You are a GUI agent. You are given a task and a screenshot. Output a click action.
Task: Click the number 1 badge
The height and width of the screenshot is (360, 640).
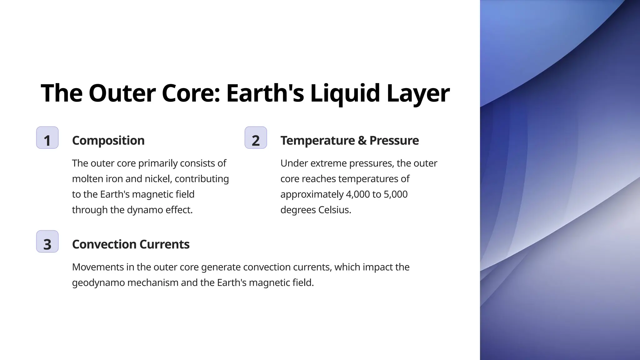pyautogui.click(x=47, y=138)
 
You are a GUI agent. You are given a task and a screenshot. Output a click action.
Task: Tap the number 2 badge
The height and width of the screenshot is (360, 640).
pyautogui.click(x=256, y=138)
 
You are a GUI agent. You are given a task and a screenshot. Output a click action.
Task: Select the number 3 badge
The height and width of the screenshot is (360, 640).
pyautogui.click(x=47, y=242)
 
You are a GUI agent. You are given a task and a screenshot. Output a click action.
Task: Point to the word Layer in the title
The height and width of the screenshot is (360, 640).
pyautogui.click(x=418, y=93)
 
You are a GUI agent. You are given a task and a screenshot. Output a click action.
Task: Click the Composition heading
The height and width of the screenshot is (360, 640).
pyautogui.click(x=108, y=141)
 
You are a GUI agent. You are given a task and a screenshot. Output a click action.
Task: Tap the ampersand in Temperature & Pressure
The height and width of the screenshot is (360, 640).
pyautogui.click(x=362, y=141)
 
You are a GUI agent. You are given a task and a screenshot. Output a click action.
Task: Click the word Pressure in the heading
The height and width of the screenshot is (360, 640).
pyautogui.click(x=394, y=141)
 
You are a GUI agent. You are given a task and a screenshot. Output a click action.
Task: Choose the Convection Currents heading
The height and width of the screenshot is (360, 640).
pyautogui.click(x=131, y=244)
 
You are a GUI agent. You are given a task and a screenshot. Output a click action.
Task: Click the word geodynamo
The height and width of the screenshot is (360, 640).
pyautogui.click(x=98, y=283)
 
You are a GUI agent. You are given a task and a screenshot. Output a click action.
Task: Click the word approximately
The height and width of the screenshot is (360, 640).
pyautogui.click(x=312, y=194)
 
